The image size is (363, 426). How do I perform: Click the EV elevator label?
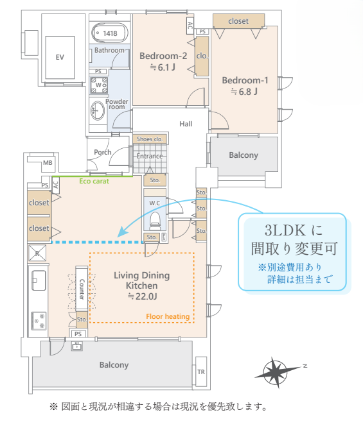click(60, 57)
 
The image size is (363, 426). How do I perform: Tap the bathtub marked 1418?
click(110, 33)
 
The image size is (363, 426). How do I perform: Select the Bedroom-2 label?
click(163, 56)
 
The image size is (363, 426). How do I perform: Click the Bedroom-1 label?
click(245, 80)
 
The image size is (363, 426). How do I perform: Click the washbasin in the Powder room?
click(97, 111)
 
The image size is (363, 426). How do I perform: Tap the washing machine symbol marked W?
click(99, 85)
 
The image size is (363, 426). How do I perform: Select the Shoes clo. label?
click(150, 139)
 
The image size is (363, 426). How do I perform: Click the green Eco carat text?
click(94, 181)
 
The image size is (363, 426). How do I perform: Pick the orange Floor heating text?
click(168, 316)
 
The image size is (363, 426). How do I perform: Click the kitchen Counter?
click(82, 288)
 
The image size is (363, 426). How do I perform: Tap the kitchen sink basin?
click(39, 280)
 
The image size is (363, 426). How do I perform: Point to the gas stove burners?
click(39, 321)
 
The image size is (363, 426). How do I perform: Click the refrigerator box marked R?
click(37, 253)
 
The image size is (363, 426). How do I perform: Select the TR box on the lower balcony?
click(201, 371)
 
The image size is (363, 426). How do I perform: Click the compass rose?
click(276, 372)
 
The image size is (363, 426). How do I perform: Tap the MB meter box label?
click(48, 163)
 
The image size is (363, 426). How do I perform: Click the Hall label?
click(186, 124)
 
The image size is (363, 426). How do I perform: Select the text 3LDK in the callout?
click(285, 230)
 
